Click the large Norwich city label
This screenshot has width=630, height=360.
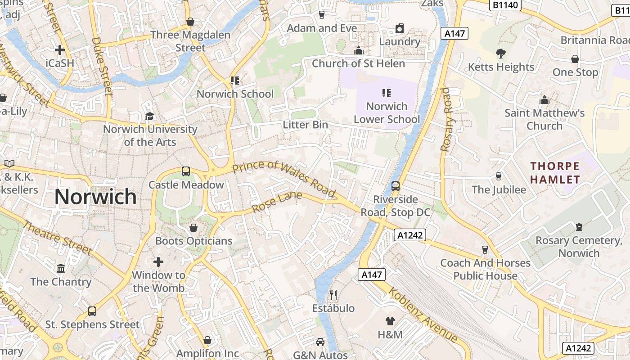click(x=95, y=197)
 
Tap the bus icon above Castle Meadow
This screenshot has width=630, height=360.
click(x=186, y=171)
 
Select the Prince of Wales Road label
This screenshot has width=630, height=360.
click(x=285, y=179)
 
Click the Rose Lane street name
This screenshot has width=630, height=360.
click(x=277, y=202)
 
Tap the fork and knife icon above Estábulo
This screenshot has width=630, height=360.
click(x=333, y=295)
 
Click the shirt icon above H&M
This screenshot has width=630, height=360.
click(x=390, y=321)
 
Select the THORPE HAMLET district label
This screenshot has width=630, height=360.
click(x=555, y=173)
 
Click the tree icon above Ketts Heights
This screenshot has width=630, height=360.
click(x=500, y=54)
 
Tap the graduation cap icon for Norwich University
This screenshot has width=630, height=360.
click(x=149, y=117)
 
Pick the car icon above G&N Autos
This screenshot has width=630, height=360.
click(x=320, y=342)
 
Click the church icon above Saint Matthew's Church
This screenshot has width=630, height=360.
click(x=544, y=99)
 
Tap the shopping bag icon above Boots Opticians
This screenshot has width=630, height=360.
click(x=193, y=228)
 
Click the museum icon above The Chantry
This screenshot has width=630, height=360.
click(x=61, y=269)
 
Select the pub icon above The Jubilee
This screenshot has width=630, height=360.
click(x=499, y=176)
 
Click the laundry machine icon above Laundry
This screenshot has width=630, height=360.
click(x=399, y=29)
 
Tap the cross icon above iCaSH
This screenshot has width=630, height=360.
click(x=59, y=50)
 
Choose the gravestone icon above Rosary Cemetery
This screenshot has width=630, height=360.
click(x=579, y=227)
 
